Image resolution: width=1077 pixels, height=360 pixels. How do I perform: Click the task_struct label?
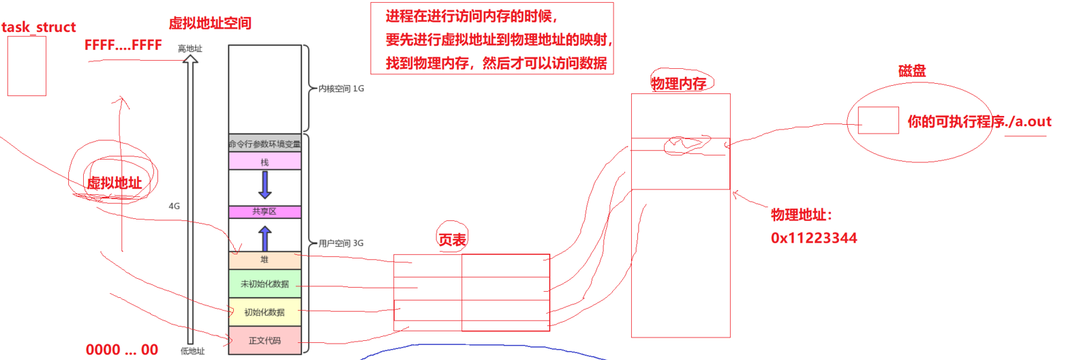38,27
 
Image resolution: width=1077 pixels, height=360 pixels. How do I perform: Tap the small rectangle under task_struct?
27,65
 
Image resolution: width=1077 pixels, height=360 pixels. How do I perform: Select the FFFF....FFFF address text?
123,45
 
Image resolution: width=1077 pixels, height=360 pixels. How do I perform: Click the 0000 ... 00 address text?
121,350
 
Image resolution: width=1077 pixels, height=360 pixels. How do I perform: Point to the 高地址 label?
189,48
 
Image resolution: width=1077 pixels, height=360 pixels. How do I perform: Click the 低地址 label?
192,351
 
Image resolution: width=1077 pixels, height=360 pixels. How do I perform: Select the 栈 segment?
264,162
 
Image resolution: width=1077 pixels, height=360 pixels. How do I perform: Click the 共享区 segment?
264,211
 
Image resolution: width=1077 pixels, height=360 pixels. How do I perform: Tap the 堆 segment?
264,260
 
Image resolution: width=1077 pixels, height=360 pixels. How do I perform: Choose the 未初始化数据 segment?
264,284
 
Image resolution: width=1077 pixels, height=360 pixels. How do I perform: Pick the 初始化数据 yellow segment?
264,312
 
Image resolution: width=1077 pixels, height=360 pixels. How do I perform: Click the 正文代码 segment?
264,340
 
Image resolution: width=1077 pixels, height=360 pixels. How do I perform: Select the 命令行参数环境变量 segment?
264,144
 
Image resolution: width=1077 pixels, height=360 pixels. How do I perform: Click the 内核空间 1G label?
341,89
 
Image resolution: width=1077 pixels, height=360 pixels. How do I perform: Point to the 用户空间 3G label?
341,243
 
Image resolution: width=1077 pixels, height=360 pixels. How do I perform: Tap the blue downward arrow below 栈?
265,185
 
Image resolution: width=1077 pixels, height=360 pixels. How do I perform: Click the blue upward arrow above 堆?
265,239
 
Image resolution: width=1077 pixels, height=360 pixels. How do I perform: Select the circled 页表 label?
452,239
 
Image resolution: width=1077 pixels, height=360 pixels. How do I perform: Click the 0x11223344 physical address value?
814,238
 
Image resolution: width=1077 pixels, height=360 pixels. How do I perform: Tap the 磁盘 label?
912,71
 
